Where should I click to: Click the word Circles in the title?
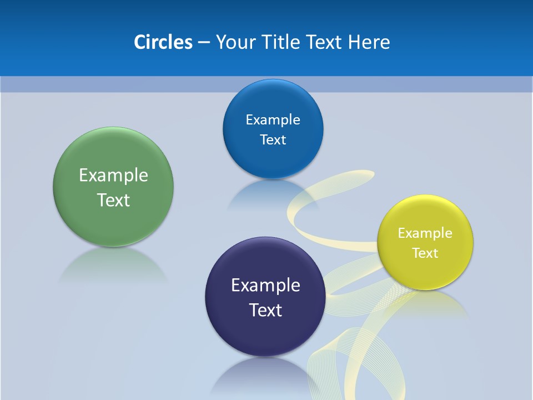(163, 42)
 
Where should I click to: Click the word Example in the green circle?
(113, 176)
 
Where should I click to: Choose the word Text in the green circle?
(113, 200)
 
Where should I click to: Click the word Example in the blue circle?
(273, 120)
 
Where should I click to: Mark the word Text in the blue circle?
(273, 140)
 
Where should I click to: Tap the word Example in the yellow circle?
(425, 233)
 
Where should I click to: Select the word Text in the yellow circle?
(425, 253)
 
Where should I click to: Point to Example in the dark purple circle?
(265, 286)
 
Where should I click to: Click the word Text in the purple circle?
(265, 310)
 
